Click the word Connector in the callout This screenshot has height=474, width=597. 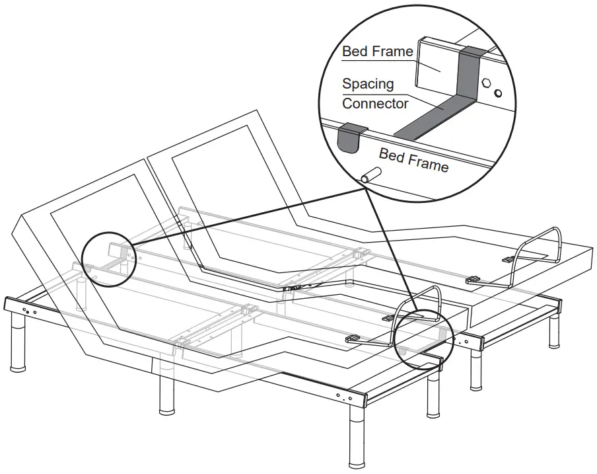374,104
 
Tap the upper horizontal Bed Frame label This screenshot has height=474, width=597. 378,52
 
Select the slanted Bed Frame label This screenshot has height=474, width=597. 413,160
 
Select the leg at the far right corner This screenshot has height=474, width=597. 554,331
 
